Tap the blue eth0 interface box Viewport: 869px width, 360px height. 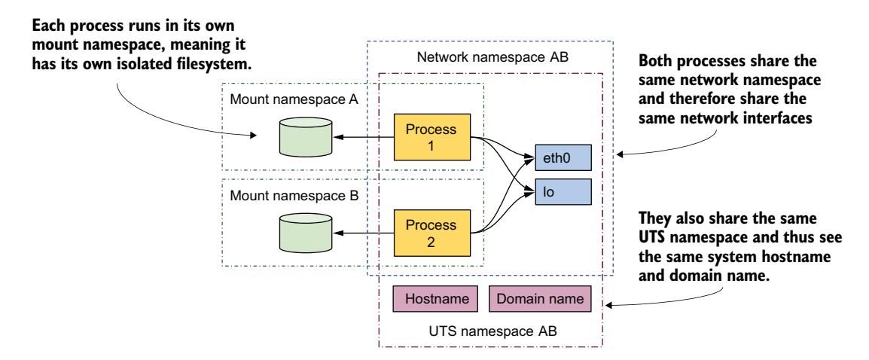[562, 158]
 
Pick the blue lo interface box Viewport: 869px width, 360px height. [562, 191]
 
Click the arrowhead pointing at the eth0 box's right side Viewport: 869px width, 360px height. [619, 155]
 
